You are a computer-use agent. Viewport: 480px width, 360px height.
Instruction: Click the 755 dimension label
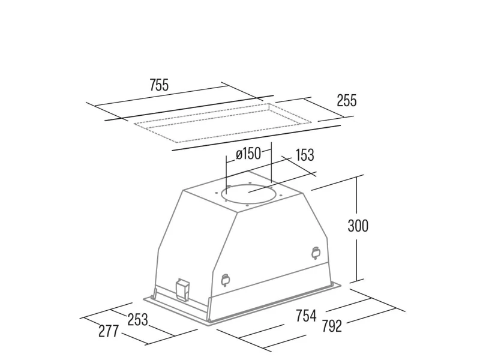(159, 85)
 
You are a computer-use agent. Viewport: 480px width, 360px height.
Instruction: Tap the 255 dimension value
(347, 100)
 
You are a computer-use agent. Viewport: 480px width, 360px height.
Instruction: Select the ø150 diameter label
(248, 154)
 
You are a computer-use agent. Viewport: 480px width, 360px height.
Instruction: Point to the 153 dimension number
(305, 155)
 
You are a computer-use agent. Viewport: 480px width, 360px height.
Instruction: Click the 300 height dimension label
(358, 226)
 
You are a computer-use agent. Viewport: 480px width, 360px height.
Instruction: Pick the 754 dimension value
(306, 316)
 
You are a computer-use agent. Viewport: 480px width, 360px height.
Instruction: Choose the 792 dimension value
(332, 326)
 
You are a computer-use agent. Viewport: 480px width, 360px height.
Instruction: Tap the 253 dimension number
(137, 320)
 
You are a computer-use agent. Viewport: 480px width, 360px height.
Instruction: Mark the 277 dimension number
(109, 331)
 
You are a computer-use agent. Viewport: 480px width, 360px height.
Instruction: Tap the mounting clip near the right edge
(316, 253)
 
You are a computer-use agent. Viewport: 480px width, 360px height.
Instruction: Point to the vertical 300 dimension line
(356, 229)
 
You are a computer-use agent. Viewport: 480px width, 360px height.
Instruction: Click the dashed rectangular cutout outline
(223, 123)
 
